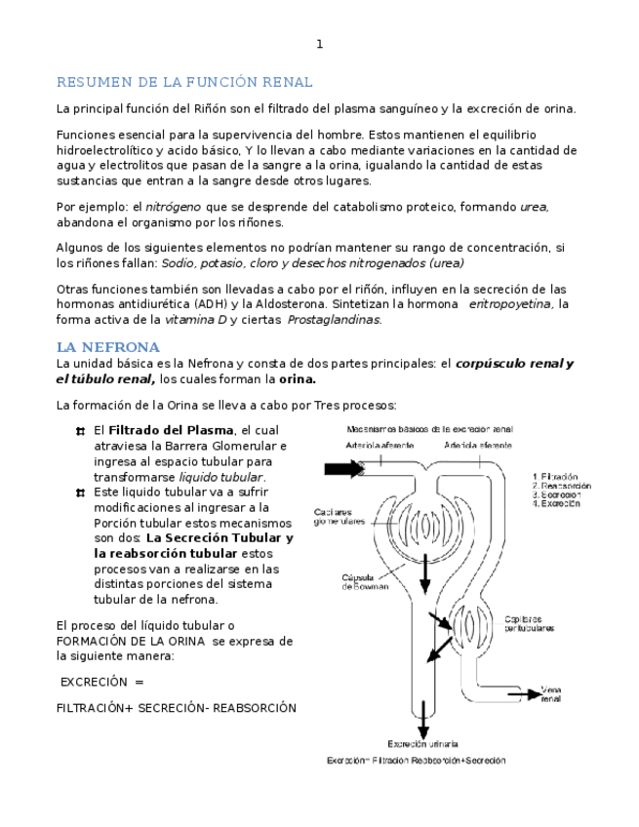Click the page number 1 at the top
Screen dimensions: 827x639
(319, 44)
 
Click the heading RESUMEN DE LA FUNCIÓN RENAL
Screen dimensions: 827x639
(184, 82)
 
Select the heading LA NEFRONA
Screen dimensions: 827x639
(107, 347)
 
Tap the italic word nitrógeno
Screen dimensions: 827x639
(174, 207)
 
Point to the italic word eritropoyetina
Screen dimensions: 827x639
(510, 304)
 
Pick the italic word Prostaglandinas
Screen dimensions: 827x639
(334, 320)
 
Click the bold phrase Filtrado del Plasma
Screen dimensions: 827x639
(171, 430)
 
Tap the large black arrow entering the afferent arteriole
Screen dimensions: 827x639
(342, 469)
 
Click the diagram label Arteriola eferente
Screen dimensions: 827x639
(477, 445)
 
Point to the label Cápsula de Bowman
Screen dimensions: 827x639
(365, 581)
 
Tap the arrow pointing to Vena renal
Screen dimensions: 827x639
(521, 694)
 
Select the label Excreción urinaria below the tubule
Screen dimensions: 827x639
(422, 744)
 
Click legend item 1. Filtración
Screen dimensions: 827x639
(556, 477)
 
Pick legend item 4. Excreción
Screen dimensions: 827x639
(557, 504)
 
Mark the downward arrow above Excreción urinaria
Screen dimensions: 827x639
(422, 722)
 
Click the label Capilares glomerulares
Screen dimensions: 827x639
(339, 517)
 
